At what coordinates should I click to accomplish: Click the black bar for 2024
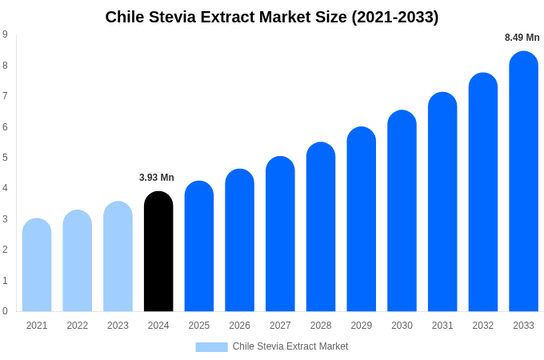click(158, 251)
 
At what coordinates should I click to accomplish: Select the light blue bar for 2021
click(37, 265)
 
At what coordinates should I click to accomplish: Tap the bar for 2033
click(523, 182)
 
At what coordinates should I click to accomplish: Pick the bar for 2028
click(321, 227)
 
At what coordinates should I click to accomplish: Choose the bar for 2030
click(402, 211)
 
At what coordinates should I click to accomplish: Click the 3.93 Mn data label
click(157, 178)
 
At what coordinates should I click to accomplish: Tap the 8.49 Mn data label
click(522, 38)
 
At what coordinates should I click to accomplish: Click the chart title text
click(272, 17)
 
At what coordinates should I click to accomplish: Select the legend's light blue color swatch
click(211, 347)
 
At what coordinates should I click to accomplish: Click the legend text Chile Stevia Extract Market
click(290, 346)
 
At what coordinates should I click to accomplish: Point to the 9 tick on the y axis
click(5, 34)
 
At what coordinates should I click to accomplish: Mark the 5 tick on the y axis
click(5, 158)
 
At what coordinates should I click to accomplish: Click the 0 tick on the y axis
click(5, 311)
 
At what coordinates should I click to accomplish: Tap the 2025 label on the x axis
click(199, 326)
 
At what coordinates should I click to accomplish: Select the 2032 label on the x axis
click(483, 326)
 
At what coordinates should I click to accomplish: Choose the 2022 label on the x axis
click(78, 326)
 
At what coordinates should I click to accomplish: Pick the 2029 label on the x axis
click(362, 326)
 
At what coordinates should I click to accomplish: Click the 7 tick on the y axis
click(5, 96)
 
